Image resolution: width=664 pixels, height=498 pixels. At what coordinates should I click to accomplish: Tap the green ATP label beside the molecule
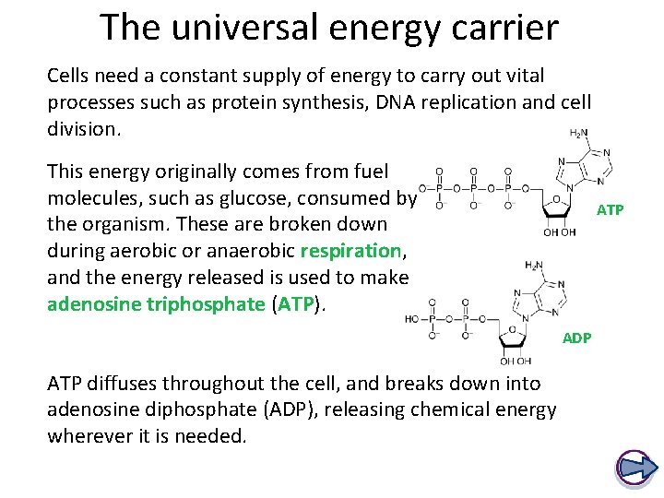(x=611, y=210)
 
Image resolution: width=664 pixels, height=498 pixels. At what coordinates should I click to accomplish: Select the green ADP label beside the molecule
(x=577, y=338)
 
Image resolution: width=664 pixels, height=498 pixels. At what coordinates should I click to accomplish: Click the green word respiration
(x=350, y=250)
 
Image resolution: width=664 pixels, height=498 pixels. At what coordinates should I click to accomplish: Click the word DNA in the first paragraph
(x=348, y=102)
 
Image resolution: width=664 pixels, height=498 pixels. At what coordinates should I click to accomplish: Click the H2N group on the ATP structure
(x=578, y=134)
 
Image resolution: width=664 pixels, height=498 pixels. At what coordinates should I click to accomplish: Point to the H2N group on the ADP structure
(x=534, y=267)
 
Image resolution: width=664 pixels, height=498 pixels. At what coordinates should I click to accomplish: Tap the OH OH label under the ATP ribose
(x=559, y=232)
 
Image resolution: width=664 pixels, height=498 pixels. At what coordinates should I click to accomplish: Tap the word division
(x=84, y=129)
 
